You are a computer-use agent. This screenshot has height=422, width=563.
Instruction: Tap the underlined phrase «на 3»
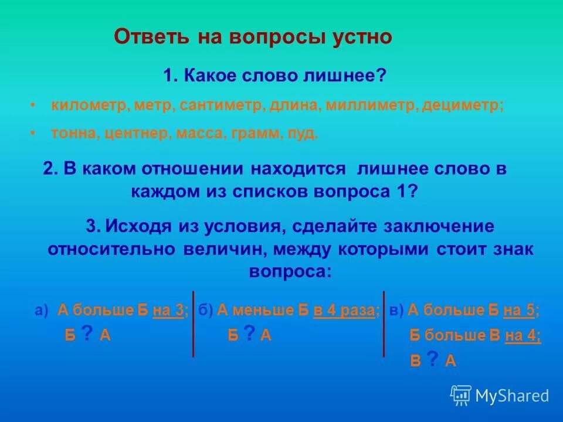169,311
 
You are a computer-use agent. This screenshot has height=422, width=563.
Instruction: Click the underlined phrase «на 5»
520,311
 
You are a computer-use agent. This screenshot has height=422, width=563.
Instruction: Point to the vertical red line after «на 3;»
193,324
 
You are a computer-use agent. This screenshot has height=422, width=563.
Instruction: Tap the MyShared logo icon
461,395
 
